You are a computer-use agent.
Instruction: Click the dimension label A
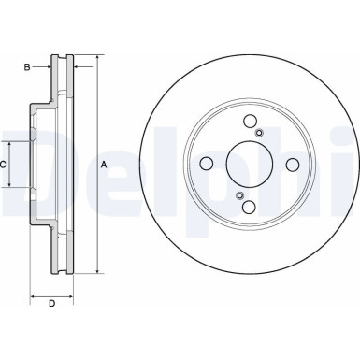point(104,165)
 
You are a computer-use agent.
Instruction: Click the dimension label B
point(28,66)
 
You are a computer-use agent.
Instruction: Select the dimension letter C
point(5,165)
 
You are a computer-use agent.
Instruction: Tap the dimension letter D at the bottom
point(51,304)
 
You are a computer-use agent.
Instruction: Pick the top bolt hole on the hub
point(250,122)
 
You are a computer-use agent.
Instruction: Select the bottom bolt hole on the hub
point(250,207)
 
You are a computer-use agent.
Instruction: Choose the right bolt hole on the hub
point(292,165)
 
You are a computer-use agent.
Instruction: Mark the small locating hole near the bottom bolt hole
point(240,194)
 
